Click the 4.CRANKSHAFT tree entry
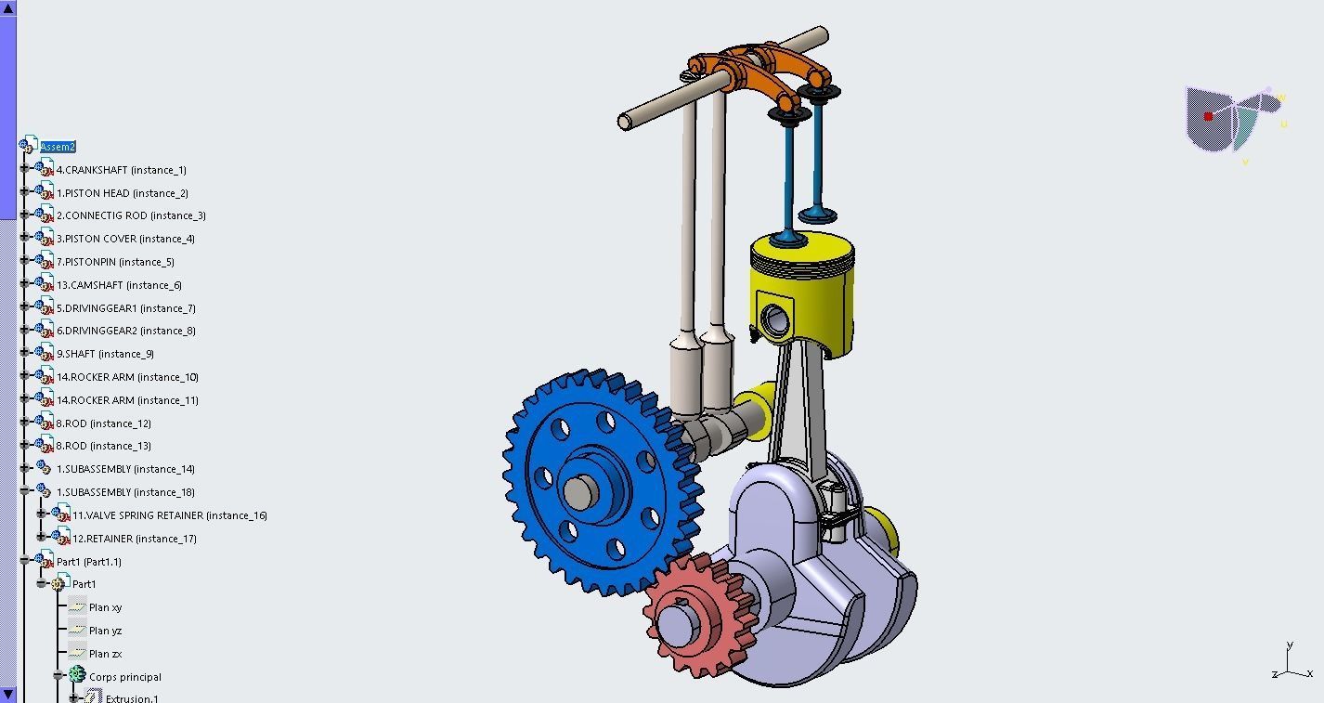[121, 170]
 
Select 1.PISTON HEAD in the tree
[122, 193]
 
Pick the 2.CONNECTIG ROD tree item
[130, 215]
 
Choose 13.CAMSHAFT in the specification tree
[118, 285]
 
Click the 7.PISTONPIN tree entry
[114, 262]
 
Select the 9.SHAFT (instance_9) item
[104, 354]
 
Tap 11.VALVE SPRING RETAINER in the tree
[169, 515]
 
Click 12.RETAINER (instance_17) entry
[134, 539]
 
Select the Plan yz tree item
[105, 631]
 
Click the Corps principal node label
[124, 677]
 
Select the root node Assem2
[58, 147]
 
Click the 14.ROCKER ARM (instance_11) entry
[126, 400]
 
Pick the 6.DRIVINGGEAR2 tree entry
[125, 331]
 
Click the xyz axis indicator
[1291, 665]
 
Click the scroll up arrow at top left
[8, 7]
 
